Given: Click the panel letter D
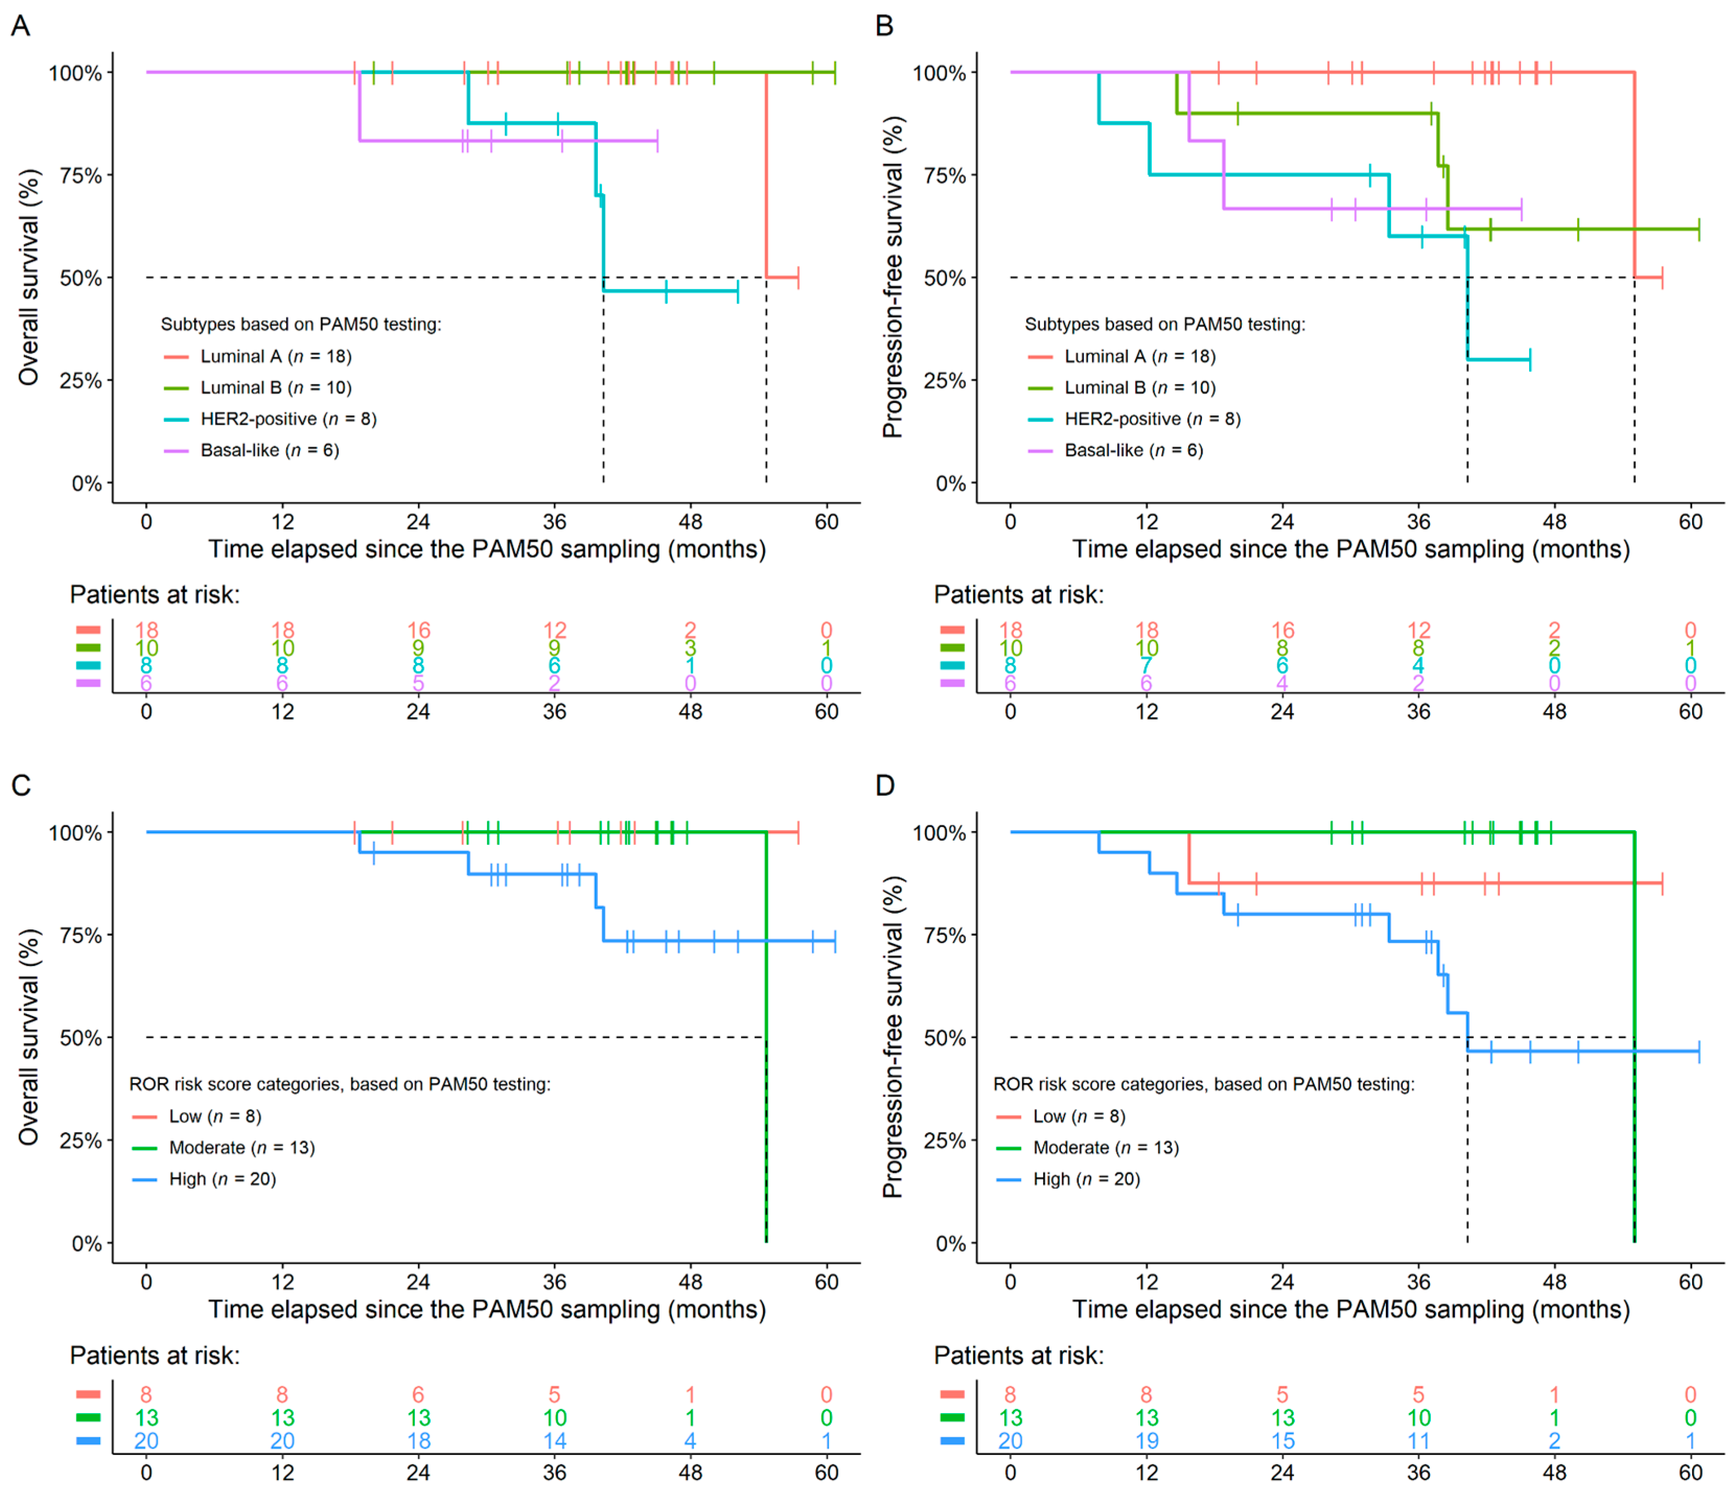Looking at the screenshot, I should tap(885, 785).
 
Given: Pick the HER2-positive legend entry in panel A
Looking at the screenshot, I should tap(288, 418).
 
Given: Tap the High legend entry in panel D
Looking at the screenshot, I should tap(1086, 1180).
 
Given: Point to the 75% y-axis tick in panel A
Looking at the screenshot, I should tap(80, 176).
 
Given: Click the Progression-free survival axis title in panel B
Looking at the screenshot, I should tap(894, 276).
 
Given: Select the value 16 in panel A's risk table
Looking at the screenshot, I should tap(419, 631).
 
